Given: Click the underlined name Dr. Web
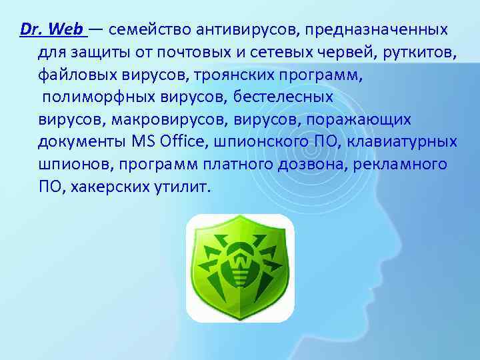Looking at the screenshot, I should click(x=52, y=30).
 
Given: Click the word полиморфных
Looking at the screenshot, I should click(x=101, y=97).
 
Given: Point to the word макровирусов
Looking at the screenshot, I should click(x=157, y=120).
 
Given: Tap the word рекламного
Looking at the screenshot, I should click(x=407, y=165).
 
